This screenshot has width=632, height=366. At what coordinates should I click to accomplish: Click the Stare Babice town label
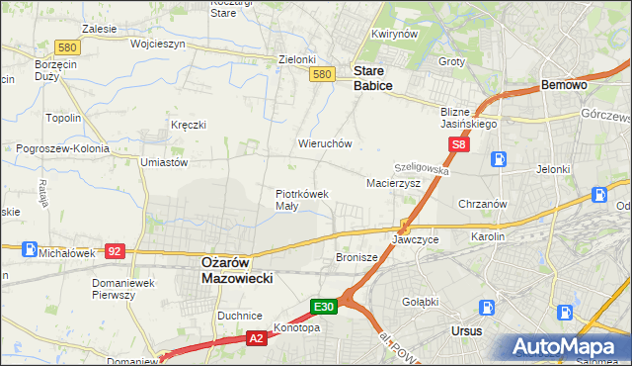click(x=373, y=78)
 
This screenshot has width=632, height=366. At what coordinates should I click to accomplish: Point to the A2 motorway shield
click(x=254, y=338)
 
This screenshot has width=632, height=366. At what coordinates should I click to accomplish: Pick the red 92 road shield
click(x=116, y=251)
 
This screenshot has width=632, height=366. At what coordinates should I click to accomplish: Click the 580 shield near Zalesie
click(x=67, y=47)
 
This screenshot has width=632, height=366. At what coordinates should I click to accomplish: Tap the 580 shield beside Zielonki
click(x=321, y=74)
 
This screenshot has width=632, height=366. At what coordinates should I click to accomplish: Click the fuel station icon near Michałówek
click(x=31, y=250)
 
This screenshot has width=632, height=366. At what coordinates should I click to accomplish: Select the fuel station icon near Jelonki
click(x=501, y=158)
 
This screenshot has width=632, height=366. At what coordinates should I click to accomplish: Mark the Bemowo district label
click(x=565, y=86)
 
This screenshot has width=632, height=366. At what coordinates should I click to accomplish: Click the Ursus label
click(x=465, y=330)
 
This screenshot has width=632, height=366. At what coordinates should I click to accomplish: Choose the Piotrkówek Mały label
click(x=301, y=200)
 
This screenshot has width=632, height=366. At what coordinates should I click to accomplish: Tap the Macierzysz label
click(x=394, y=183)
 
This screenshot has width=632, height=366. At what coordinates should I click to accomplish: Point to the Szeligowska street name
click(x=422, y=170)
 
